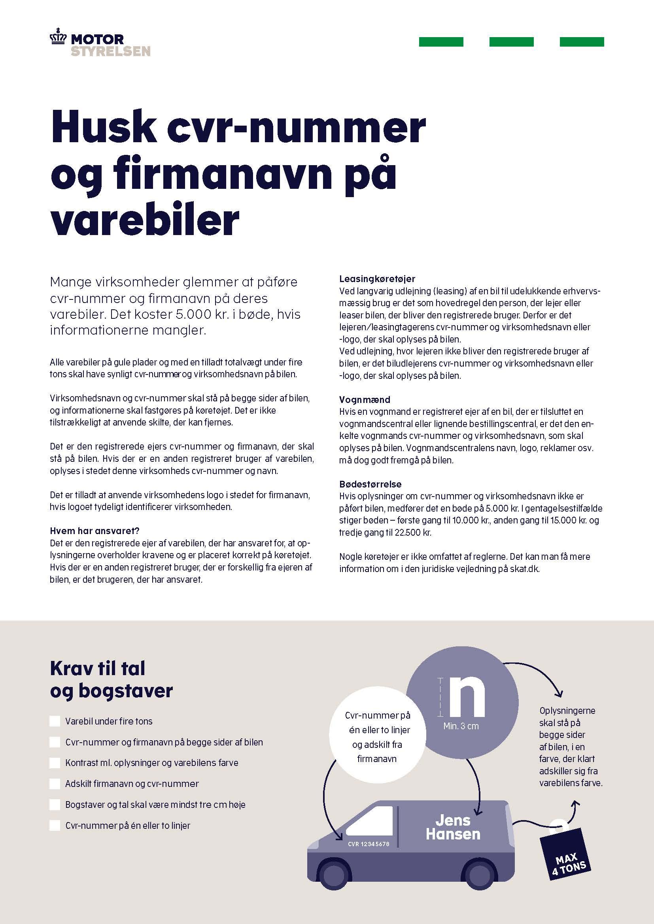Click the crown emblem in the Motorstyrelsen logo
(x=58, y=39)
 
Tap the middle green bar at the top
(x=511, y=42)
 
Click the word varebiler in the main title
(x=145, y=220)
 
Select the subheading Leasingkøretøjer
(x=377, y=279)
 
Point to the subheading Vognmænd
(x=365, y=400)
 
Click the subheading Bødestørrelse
(x=370, y=484)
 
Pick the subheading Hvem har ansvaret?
(x=94, y=531)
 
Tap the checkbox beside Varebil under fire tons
(x=55, y=721)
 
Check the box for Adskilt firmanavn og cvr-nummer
(x=55, y=783)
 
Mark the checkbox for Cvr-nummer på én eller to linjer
(x=55, y=825)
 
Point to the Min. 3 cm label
(x=461, y=726)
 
